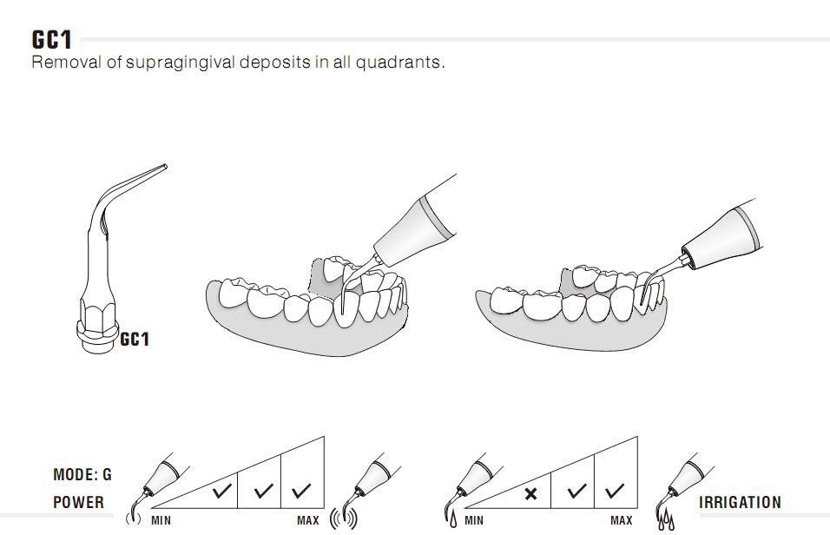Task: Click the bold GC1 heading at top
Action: (51, 40)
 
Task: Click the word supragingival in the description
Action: (181, 63)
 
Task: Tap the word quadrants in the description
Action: (399, 63)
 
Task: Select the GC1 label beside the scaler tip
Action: (135, 339)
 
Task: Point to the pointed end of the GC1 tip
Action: (165, 167)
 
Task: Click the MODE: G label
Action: (82, 474)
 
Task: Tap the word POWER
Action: (78, 502)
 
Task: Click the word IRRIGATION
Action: (740, 502)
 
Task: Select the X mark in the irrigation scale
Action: (530, 494)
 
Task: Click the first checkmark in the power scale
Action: (221, 491)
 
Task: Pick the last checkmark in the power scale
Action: (301, 491)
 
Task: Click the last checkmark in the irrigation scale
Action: (615, 491)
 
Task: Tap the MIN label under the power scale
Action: (161, 521)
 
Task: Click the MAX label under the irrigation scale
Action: (622, 521)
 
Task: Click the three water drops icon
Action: (666, 521)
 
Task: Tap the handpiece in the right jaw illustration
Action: (721, 234)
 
